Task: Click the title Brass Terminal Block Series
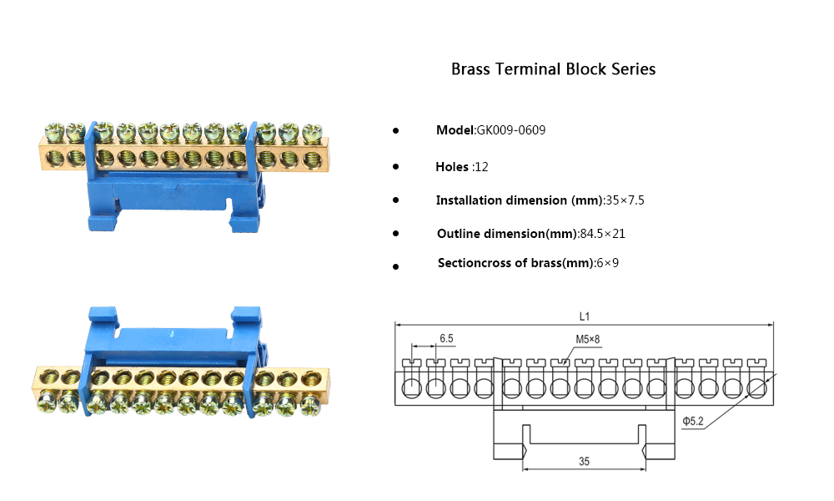tap(553, 69)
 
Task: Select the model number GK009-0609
tap(510, 131)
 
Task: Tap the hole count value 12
tap(480, 167)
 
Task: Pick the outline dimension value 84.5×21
tap(602, 234)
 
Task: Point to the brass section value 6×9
tap(607, 263)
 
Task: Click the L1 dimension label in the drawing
tap(585, 316)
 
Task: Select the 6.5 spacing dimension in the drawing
tap(446, 338)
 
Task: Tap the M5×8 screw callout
tap(587, 339)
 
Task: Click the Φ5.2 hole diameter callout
tap(694, 422)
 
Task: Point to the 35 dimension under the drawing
tap(585, 461)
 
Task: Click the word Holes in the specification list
tap(452, 167)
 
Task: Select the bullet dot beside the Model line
tap(395, 132)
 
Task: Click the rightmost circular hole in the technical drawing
tap(757, 388)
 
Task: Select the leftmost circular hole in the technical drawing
tap(411, 388)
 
